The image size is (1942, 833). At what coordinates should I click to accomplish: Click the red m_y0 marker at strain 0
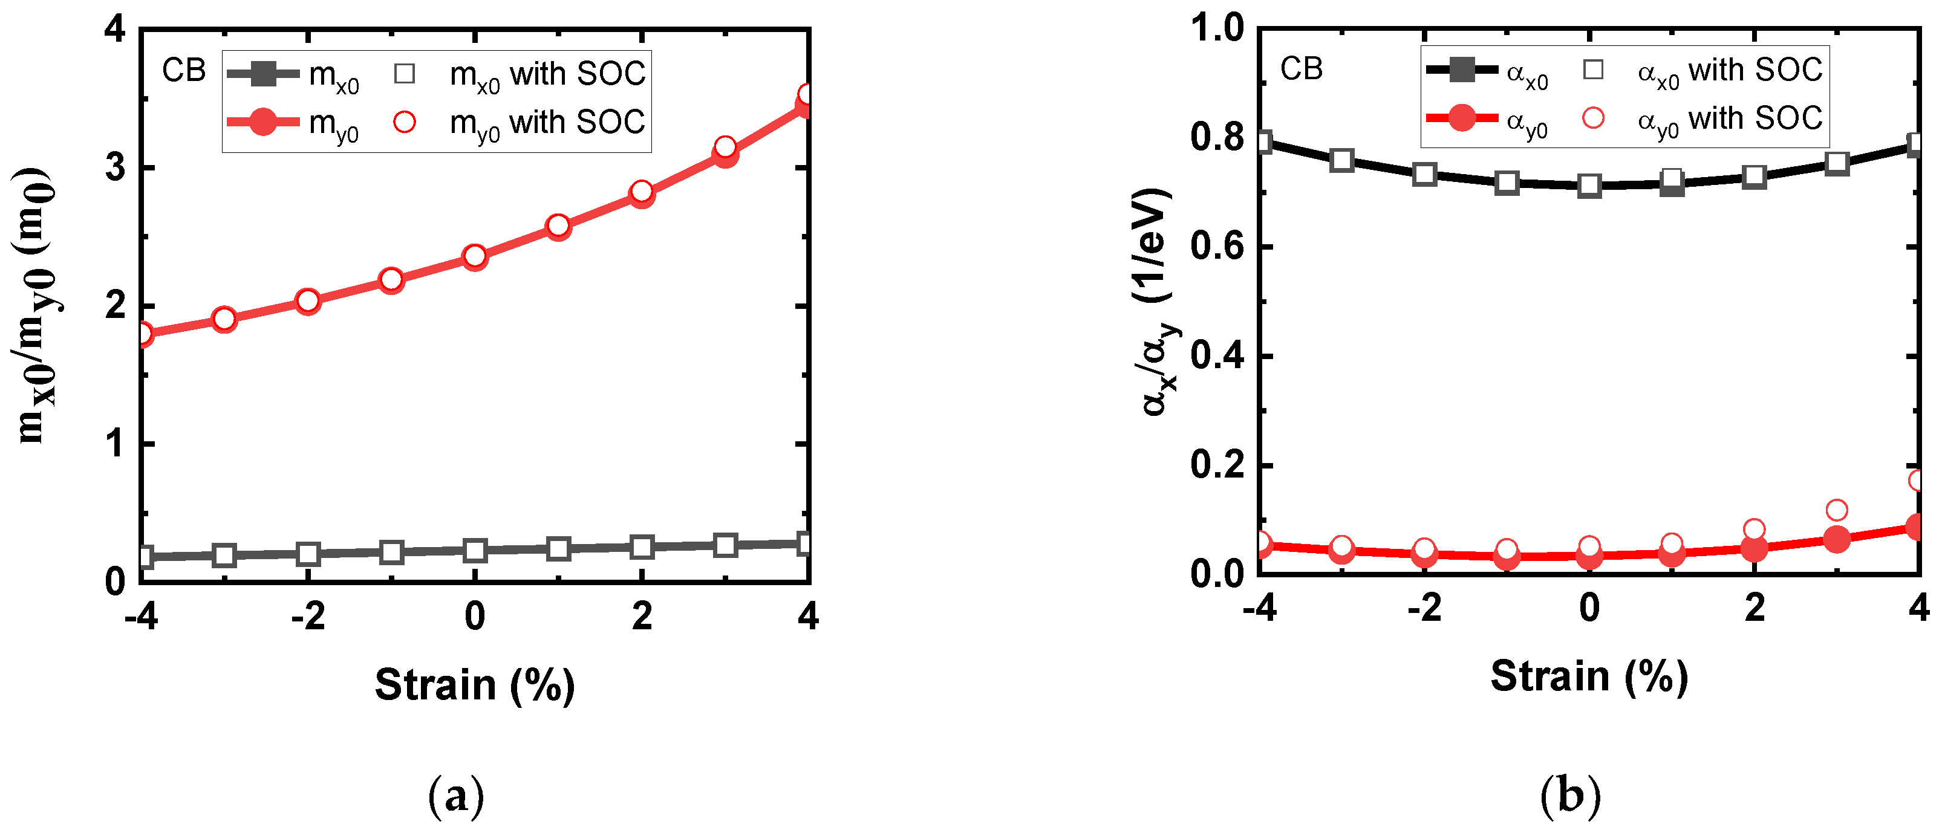click(x=474, y=257)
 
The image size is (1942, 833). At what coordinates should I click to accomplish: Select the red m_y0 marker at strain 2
click(x=642, y=193)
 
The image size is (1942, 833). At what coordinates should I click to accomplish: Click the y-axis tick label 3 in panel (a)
click(x=116, y=168)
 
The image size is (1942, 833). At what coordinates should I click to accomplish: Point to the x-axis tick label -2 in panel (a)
click(x=308, y=617)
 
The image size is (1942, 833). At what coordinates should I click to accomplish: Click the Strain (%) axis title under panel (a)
click(x=475, y=684)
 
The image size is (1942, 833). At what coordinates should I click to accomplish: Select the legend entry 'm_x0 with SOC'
click(x=520, y=74)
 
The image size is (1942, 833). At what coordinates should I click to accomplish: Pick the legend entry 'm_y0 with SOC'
click(x=520, y=122)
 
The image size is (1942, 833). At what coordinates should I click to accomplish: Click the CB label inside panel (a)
click(x=183, y=71)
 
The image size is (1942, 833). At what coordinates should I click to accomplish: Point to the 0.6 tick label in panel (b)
click(x=1217, y=247)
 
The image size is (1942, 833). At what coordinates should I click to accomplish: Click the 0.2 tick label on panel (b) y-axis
click(x=1217, y=465)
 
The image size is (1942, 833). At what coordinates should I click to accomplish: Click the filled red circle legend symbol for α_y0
click(x=1462, y=118)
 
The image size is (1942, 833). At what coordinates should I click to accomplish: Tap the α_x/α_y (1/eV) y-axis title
click(x=1157, y=302)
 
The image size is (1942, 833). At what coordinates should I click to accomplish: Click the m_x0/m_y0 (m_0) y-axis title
click(x=36, y=305)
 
